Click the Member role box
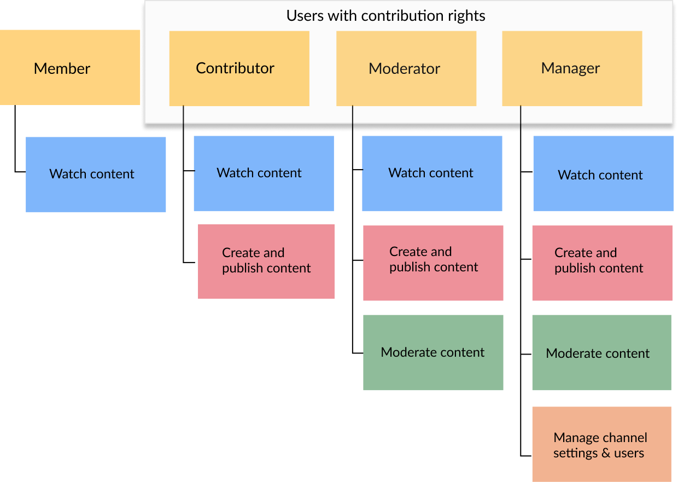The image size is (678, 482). (70, 67)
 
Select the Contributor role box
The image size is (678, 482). (239, 68)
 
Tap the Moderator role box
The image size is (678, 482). (406, 68)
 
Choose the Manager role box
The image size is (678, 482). (572, 68)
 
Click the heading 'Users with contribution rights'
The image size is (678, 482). (385, 16)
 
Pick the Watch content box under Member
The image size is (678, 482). (96, 175)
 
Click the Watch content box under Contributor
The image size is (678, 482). (264, 173)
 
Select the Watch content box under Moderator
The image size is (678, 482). (432, 173)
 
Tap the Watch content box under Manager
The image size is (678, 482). (604, 173)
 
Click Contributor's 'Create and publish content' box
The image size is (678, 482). (266, 262)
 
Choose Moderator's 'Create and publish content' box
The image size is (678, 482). (433, 263)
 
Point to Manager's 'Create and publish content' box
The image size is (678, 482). (603, 263)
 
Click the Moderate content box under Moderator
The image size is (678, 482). (433, 352)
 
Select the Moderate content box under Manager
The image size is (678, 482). (601, 352)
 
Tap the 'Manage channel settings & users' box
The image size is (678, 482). (601, 444)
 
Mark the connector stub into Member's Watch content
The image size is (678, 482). (20, 172)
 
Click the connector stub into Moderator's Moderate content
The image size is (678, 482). (358, 353)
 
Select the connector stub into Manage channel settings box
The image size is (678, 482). (526, 456)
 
